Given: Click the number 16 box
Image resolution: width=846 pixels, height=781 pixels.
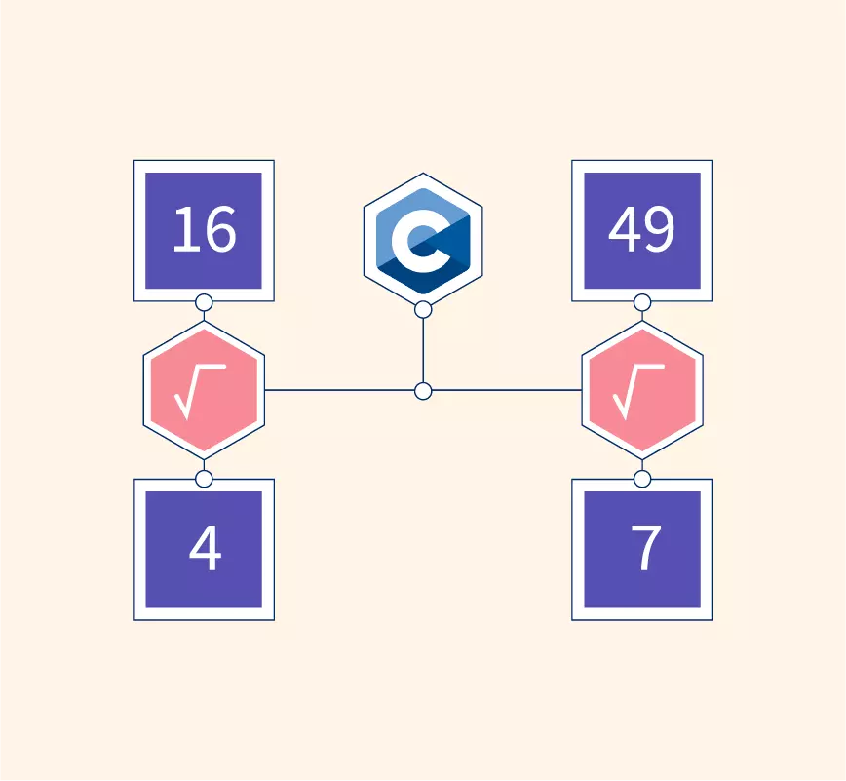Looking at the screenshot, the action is point(204,230).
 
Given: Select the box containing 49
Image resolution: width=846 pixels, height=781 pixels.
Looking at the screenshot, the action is point(642,230).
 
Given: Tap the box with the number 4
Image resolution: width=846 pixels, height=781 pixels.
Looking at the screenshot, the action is point(204,550).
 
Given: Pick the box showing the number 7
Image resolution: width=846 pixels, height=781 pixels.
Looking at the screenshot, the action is point(642,550).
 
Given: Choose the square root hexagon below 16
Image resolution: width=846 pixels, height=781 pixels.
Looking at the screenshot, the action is point(204,390).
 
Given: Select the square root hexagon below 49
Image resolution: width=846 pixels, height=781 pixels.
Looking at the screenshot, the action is point(642,390).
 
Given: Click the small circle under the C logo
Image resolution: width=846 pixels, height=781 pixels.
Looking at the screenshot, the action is point(423,310).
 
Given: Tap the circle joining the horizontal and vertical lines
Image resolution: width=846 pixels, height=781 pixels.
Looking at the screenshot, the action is point(423,391).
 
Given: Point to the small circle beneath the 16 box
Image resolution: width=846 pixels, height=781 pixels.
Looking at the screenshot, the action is point(204,303).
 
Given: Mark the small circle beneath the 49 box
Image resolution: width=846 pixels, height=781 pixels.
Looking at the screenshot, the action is point(642,303).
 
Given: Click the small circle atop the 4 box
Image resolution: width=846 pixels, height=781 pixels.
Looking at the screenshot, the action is point(204,479).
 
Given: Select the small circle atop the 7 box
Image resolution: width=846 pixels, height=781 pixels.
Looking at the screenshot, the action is point(642,479).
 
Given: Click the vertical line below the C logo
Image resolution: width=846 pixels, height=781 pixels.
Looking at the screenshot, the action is point(423,350).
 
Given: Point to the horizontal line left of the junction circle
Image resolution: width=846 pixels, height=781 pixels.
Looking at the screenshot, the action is point(340,390).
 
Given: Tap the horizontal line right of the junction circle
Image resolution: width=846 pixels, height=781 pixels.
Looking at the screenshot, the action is point(507,390).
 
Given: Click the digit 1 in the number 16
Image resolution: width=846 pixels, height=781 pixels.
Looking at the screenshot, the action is point(184,229).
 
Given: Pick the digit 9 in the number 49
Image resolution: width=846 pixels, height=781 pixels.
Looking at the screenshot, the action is point(658,229).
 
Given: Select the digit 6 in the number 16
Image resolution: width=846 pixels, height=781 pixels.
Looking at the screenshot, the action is point(219,229).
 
